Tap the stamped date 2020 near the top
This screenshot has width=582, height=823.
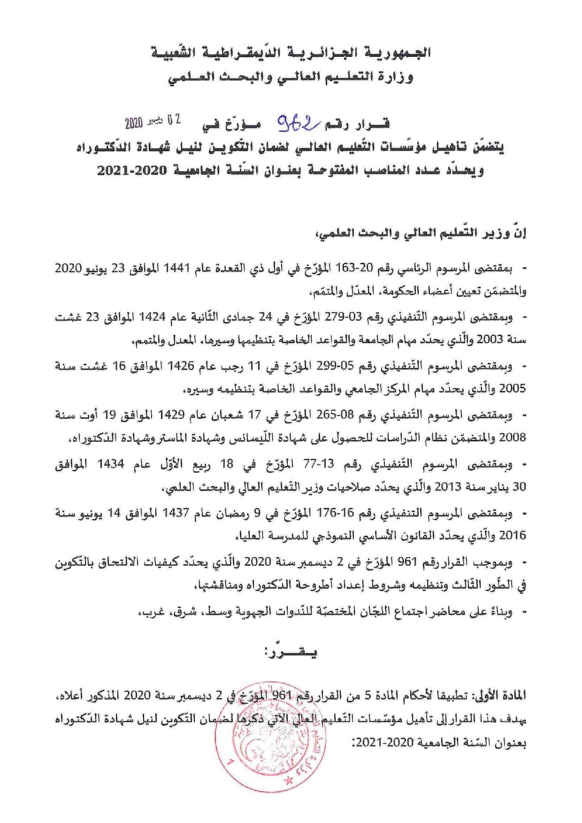click(134, 123)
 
